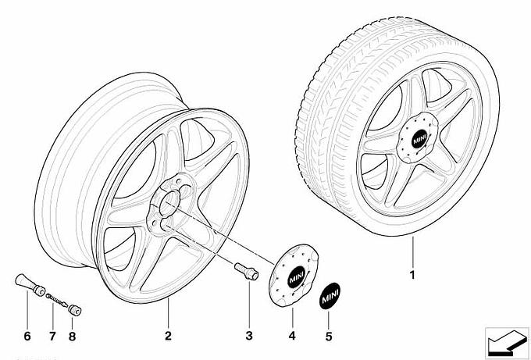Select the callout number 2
(x=167, y=337)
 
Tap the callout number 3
(x=249, y=337)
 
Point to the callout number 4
(x=292, y=337)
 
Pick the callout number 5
(x=329, y=337)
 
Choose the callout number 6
(x=26, y=337)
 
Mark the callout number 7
(x=52, y=337)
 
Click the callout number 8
(x=73, y=337)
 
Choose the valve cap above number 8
(x=76, y=310)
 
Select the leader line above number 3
(x=249, y=305)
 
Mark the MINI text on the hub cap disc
(x=296, y=276)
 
